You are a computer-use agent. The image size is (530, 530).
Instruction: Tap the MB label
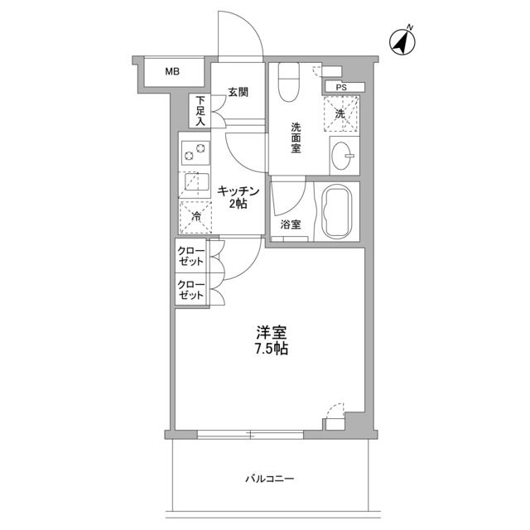171,72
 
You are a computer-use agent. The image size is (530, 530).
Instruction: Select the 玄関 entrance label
238,92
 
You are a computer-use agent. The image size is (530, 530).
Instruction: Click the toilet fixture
289,82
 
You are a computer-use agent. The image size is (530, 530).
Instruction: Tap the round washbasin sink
344,154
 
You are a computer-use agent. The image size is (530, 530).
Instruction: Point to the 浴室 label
289,224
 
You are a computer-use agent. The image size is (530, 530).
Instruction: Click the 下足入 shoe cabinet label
200,112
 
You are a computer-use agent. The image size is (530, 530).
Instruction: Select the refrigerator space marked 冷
195,214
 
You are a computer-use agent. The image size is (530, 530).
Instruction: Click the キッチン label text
238,191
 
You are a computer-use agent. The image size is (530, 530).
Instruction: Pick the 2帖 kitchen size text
238,205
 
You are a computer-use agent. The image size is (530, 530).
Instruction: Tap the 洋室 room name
271,332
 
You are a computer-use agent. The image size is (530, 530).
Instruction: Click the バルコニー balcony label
270,479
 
